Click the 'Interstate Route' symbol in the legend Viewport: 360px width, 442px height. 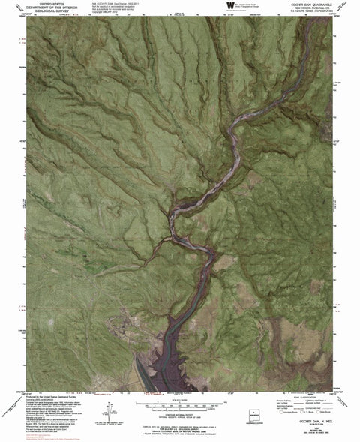(x=278, y=412)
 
